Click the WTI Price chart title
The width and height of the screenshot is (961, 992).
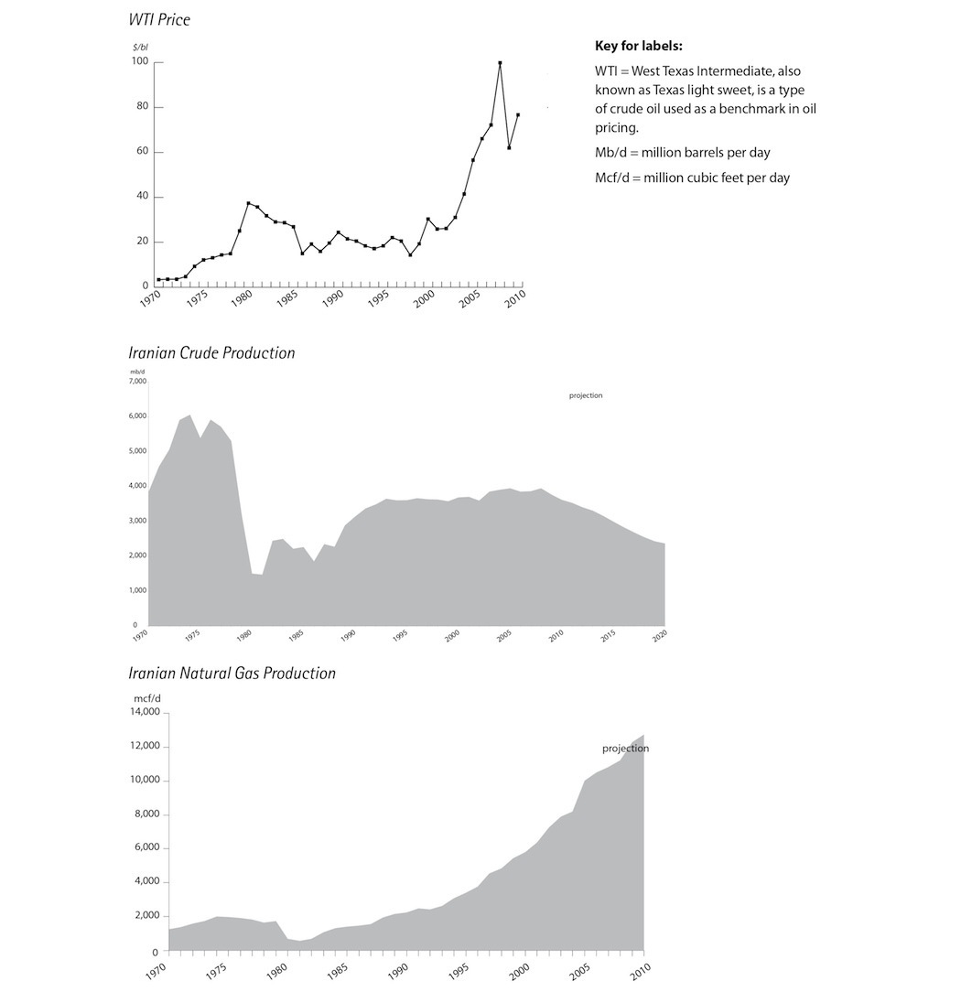coord(159,19)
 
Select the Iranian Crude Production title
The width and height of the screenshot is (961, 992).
coord(211,353)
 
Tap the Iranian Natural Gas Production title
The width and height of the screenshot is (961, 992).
coord(232,674)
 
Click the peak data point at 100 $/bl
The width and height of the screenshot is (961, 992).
coord(500,63)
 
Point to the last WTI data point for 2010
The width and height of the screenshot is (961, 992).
coord(518,115)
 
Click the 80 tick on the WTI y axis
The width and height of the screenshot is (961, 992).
coord(143,107)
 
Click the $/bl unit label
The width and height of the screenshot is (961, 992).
coord(139,46)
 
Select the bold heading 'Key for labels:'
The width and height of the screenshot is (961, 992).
coord(638,46)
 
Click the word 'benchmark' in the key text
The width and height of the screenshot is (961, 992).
coord(760,108)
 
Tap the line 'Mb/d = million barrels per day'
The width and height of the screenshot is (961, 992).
coord(682,153)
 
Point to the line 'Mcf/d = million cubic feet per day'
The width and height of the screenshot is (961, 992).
coord(691,178)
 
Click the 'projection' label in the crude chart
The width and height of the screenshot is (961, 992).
coord(586,395)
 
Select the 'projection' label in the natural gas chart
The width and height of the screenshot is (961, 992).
coord(625,749)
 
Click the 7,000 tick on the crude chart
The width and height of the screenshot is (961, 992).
coord(137,381)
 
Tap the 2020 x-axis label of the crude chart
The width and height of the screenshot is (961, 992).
coord(660,636)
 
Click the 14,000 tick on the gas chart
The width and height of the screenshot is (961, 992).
coord(145,712)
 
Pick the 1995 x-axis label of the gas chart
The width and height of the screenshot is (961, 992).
coord(460,969)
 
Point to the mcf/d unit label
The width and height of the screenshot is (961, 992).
coord(147,697)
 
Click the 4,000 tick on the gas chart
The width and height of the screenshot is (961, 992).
coord(147,882)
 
